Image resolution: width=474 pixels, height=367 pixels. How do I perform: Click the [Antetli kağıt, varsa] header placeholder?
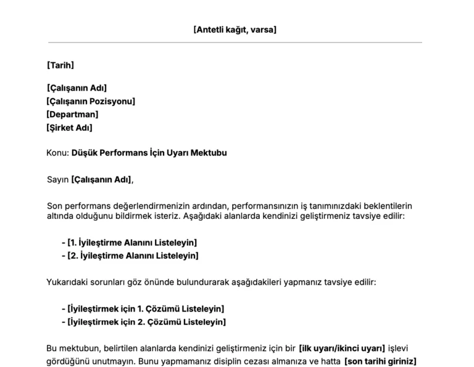tap(235, 29)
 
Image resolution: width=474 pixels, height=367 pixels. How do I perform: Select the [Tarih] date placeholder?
tap(60, 65)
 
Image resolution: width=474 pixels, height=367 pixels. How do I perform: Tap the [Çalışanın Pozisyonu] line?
tap(91, 101)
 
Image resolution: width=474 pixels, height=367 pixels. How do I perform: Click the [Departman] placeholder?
tap(72, 114)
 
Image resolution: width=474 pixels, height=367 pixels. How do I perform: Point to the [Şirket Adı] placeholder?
tap(69, 128)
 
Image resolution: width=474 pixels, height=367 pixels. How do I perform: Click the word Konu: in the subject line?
tap(57, 152)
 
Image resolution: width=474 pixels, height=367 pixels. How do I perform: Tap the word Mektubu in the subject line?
tap(207, 152)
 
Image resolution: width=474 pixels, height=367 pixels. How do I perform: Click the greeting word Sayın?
tap(57, 179)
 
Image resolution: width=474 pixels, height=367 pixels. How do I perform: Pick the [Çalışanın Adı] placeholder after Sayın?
tap(101, 179)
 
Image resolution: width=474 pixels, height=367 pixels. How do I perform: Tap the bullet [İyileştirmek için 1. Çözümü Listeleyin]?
tap(146, 308)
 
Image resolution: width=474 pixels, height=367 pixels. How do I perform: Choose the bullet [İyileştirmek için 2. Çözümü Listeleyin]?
tap(146, 321)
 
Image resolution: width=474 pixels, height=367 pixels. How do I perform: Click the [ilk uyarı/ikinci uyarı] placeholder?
tap(341, 348)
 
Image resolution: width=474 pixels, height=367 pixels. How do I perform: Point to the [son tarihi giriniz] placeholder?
tap(380, 361)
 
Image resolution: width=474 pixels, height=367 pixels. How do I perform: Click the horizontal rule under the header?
tap(235, 43)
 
